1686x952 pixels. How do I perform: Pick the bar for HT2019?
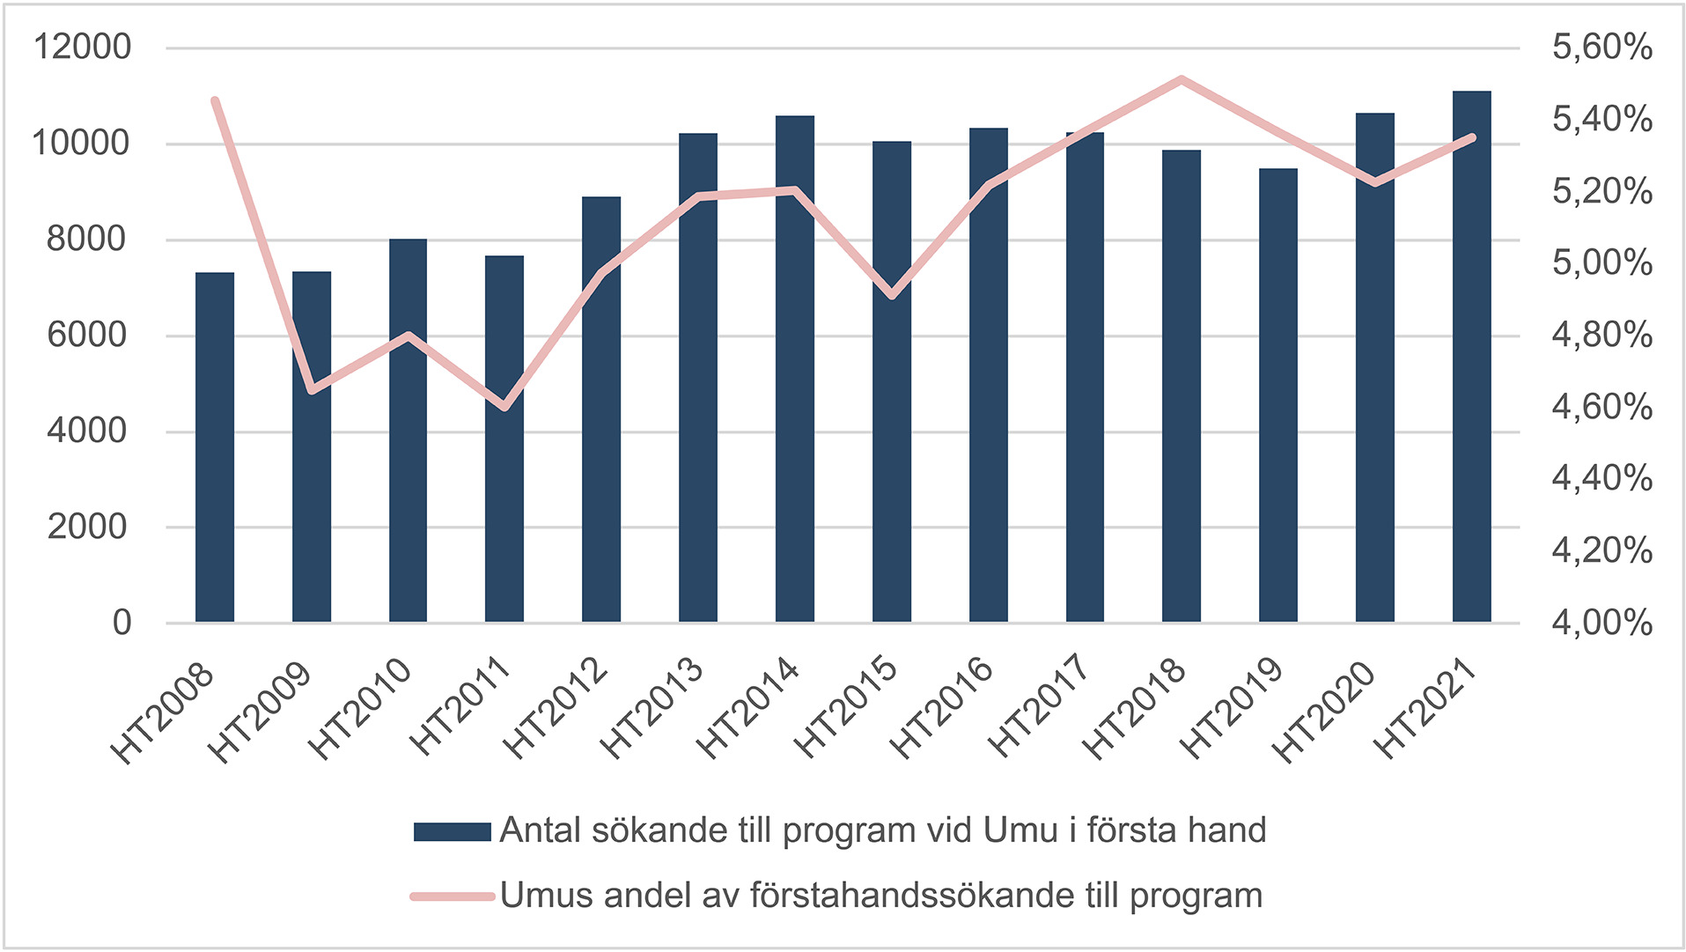[x=1277, y=395]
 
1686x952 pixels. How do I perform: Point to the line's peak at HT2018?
[x=1182, y=79]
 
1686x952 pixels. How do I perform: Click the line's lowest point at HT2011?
[x=504, y=407]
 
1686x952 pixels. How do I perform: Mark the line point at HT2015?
[x=892, y=295]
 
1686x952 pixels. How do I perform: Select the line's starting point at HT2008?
[x=215, y=101]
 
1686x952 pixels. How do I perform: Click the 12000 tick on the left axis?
[x=82, y=47]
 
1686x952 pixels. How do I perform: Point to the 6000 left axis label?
[x=87, y=335]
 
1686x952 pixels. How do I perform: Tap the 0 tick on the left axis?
[x=121, y=623]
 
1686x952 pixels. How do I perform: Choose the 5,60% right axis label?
[x=1601, y=47]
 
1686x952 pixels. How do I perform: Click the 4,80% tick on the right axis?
[x=1601, y=335]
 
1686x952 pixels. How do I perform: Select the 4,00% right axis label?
[x=1601, y=623]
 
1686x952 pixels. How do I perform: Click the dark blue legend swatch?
[x=452, y=831]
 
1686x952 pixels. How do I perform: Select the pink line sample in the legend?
[x=452, y=897]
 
